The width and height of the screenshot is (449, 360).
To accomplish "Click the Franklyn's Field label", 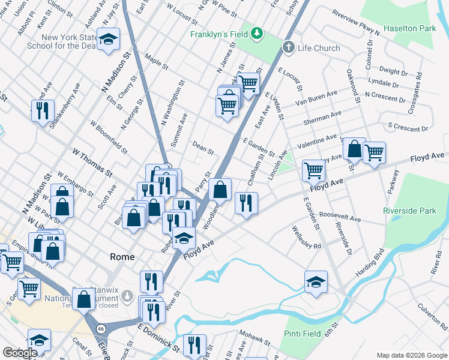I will pos(220,34).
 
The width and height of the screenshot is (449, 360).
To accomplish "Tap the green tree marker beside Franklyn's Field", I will pos(257,32).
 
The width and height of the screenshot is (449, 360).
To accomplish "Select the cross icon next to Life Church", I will pos(288,47).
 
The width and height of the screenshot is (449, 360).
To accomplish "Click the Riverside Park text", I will pos(410,211).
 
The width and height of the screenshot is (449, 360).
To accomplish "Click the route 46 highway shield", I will pos(101,329).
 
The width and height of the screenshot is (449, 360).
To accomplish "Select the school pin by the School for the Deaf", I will pos(108,40).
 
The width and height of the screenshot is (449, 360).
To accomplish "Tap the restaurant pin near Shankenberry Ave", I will pos(42,110).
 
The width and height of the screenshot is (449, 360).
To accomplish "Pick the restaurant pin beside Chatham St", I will pos(246,203).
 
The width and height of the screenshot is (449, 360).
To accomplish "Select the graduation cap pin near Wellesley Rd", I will pos(316,281).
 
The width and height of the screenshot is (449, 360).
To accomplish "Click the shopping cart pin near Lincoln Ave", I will pos(313,170).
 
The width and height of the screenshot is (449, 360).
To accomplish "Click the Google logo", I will pos(20,353).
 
